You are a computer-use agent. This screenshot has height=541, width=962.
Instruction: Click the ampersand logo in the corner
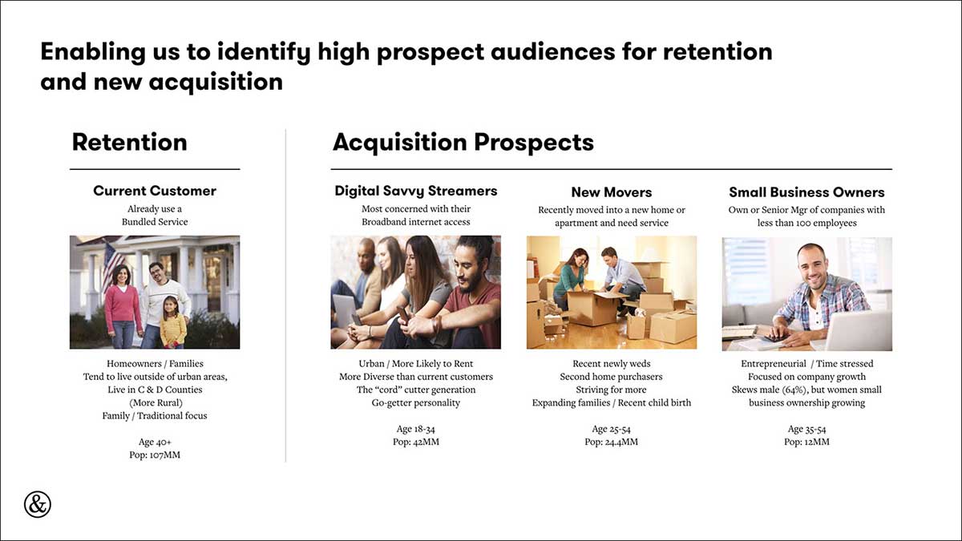[x=38, y=504]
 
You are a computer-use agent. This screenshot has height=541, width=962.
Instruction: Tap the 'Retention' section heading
[x=129, y=142]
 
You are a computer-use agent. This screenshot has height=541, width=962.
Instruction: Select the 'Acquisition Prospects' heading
[x=463, y=142]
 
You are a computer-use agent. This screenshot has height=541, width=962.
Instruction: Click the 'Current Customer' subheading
[x=155, y=191]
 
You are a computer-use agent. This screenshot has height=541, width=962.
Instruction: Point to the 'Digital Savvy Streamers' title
[x=416, y=191]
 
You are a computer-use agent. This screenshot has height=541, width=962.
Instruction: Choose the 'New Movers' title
[x=612, y=192]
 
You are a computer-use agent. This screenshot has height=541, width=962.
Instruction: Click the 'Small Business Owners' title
[x=806, y=192]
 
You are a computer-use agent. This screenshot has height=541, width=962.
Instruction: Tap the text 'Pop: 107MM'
[x=155, y=454]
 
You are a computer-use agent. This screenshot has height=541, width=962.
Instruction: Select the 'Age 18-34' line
[x=416, y=429]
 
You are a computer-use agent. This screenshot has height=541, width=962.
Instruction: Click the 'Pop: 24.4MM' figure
[x=611, y=442]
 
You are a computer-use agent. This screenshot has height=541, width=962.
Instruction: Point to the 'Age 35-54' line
[x=806, y=429]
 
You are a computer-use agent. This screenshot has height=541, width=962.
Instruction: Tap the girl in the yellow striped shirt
[x=173, y=322]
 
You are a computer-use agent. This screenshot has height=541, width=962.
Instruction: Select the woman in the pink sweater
[x=123, y=306]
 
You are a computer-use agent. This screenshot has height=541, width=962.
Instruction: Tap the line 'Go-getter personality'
[x=416, y=402]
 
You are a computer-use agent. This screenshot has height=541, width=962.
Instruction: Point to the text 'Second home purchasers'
[x=611, y=377]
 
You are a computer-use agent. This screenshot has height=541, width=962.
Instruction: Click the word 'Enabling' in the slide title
[x=93, y=52]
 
